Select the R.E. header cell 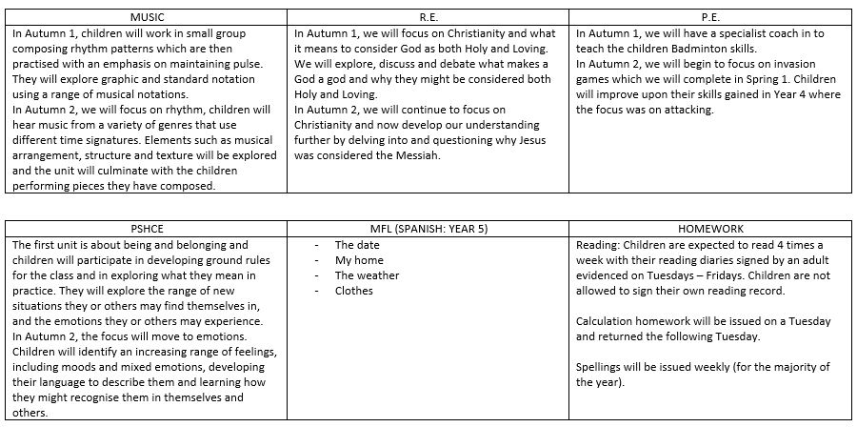click(x=429, y=17)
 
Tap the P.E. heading click(x=711, y=17)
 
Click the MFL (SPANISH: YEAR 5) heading click(x=429, y=230)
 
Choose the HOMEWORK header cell click(x=711, y=230)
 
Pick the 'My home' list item click(x=358, y=260)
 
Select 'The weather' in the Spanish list click(x=367, y=275)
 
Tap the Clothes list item click(x=354, y=291)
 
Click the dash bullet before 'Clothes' click(x=315, y=291)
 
